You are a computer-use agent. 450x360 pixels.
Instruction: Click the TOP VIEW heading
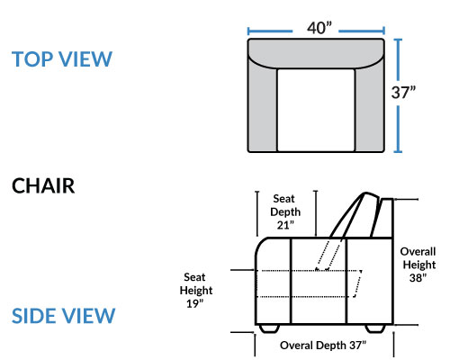(62, 59)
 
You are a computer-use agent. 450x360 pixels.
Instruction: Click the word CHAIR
(43, 186)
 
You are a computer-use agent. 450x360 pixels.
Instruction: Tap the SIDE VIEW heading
(63, 316)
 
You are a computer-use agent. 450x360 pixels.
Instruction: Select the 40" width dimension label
(319, 28)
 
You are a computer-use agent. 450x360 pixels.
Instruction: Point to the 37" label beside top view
(403, 93)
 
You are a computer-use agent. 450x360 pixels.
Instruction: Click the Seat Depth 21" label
(285, 211)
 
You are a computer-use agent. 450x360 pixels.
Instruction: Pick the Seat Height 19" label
(196, 291)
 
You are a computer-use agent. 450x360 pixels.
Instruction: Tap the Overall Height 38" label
(418, 265)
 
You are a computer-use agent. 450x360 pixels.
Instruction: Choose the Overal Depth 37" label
(323, 346)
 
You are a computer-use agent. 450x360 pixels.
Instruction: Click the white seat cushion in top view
(316, 111)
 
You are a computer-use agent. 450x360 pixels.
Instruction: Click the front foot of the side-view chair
(269, 328)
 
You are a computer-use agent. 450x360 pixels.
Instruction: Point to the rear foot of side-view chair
(375, 328)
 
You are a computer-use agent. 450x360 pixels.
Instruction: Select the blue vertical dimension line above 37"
(398, 60)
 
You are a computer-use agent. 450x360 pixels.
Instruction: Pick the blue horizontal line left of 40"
(270, 31)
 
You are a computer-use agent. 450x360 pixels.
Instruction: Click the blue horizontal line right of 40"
(362, 31)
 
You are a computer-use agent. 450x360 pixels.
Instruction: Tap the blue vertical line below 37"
(398, 130)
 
